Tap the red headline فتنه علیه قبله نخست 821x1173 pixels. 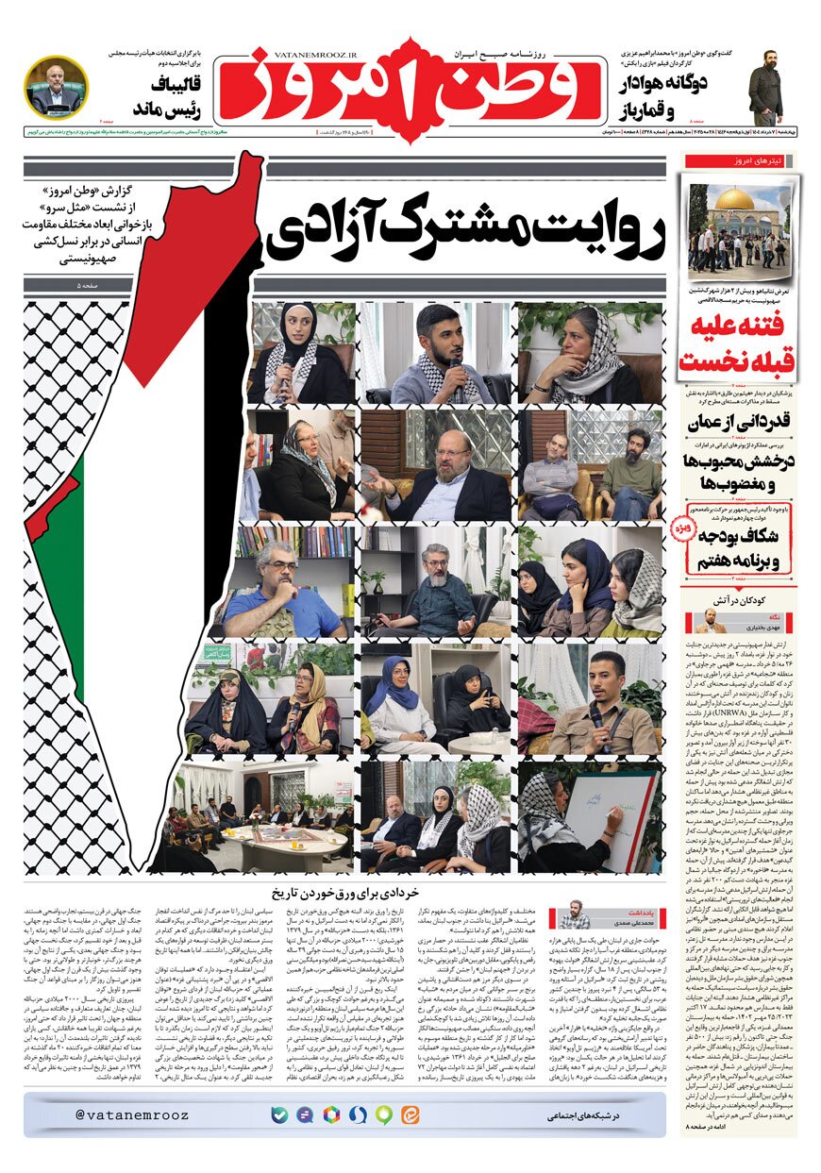[739, 346]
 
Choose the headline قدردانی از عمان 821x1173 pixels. [739, 422]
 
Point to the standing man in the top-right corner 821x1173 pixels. [765, 87]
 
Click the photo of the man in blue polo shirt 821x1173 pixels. [287, 579]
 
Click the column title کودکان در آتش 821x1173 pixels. [739, 599]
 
